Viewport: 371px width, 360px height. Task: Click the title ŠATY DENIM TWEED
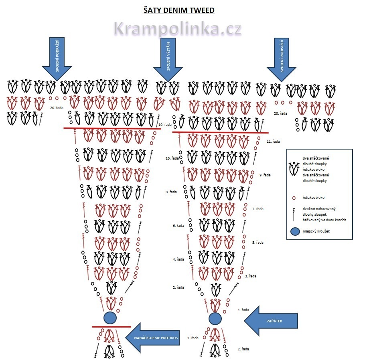pos(179,10)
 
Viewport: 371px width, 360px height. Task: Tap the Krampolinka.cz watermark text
pos(177,29)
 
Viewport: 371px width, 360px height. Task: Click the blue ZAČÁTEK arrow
pos(271,321)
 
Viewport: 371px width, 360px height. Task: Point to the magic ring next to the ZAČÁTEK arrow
pos(215,319)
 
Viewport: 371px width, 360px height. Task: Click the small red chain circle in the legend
pos(294,198)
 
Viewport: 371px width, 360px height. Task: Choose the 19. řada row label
pos(165,125)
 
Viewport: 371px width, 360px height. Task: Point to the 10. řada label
pos(172,158)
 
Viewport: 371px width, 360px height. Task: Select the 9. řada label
pos(265,175)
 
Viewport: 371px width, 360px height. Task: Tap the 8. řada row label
pos(171,192)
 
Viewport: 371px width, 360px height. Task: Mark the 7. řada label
pos(257,209)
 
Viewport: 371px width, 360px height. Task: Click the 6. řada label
pos(178,226)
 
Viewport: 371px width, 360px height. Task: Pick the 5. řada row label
pos(257,243)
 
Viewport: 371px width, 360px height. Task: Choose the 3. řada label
pos(251,276)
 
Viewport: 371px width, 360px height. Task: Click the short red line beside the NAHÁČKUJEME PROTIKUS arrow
pos(111,327)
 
